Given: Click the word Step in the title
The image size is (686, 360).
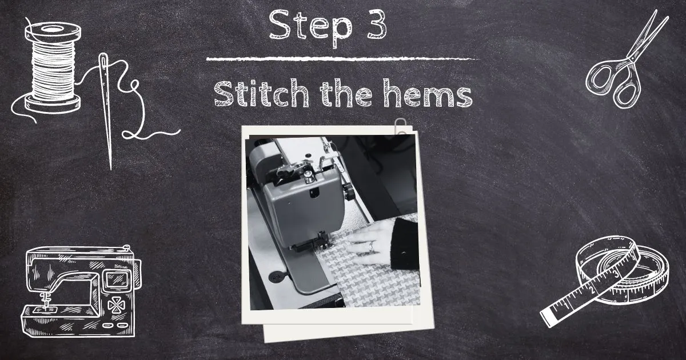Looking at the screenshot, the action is coord(310,27).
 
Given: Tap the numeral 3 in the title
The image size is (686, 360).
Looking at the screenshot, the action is coord(376,24).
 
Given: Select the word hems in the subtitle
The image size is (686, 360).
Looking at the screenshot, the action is coord(428,93).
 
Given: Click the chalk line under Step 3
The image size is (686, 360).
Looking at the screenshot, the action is coord(343,58).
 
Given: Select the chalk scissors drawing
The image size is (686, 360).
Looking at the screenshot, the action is coord(624,59).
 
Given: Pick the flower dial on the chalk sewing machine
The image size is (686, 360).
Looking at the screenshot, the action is coord(116,305).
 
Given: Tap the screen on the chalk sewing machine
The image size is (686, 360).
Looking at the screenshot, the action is coord(117,279).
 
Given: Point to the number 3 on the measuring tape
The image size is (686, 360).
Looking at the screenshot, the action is coord(616,274).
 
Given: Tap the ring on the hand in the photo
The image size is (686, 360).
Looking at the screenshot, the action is coord(371,246).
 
